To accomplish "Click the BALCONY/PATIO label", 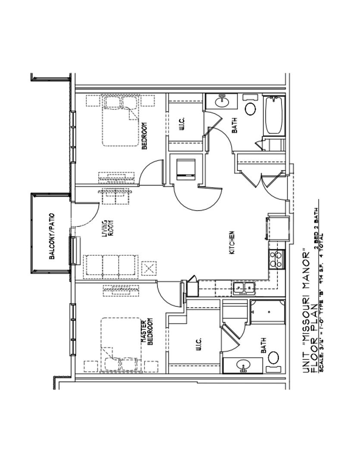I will point(52,236).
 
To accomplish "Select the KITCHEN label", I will point(232,242).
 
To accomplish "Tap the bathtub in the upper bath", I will point(274,115).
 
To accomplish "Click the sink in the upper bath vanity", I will point(222,102).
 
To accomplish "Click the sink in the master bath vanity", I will point(244,366).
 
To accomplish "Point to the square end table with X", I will point(149,268).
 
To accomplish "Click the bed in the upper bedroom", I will point(121,121).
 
